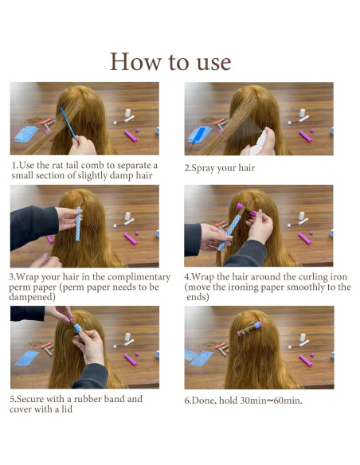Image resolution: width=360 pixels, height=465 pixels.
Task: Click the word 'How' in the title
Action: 136,61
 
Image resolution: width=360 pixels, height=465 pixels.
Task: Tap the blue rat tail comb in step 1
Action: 68,123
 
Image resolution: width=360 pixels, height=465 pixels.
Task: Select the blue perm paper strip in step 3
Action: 78,224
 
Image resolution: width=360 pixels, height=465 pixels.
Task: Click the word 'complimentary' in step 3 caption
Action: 139,277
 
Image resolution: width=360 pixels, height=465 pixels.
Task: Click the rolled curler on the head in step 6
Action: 249,329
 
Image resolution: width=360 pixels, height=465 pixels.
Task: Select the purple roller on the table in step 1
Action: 131,136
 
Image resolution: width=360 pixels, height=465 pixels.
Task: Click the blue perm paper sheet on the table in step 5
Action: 27,358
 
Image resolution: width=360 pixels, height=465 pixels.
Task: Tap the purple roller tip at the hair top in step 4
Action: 239,205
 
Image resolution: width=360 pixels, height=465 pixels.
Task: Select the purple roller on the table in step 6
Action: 305,361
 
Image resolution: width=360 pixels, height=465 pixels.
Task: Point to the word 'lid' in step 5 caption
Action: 67,409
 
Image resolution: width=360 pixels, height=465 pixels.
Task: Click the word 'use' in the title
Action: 213,63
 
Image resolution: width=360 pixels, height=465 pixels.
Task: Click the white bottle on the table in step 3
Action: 127,216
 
